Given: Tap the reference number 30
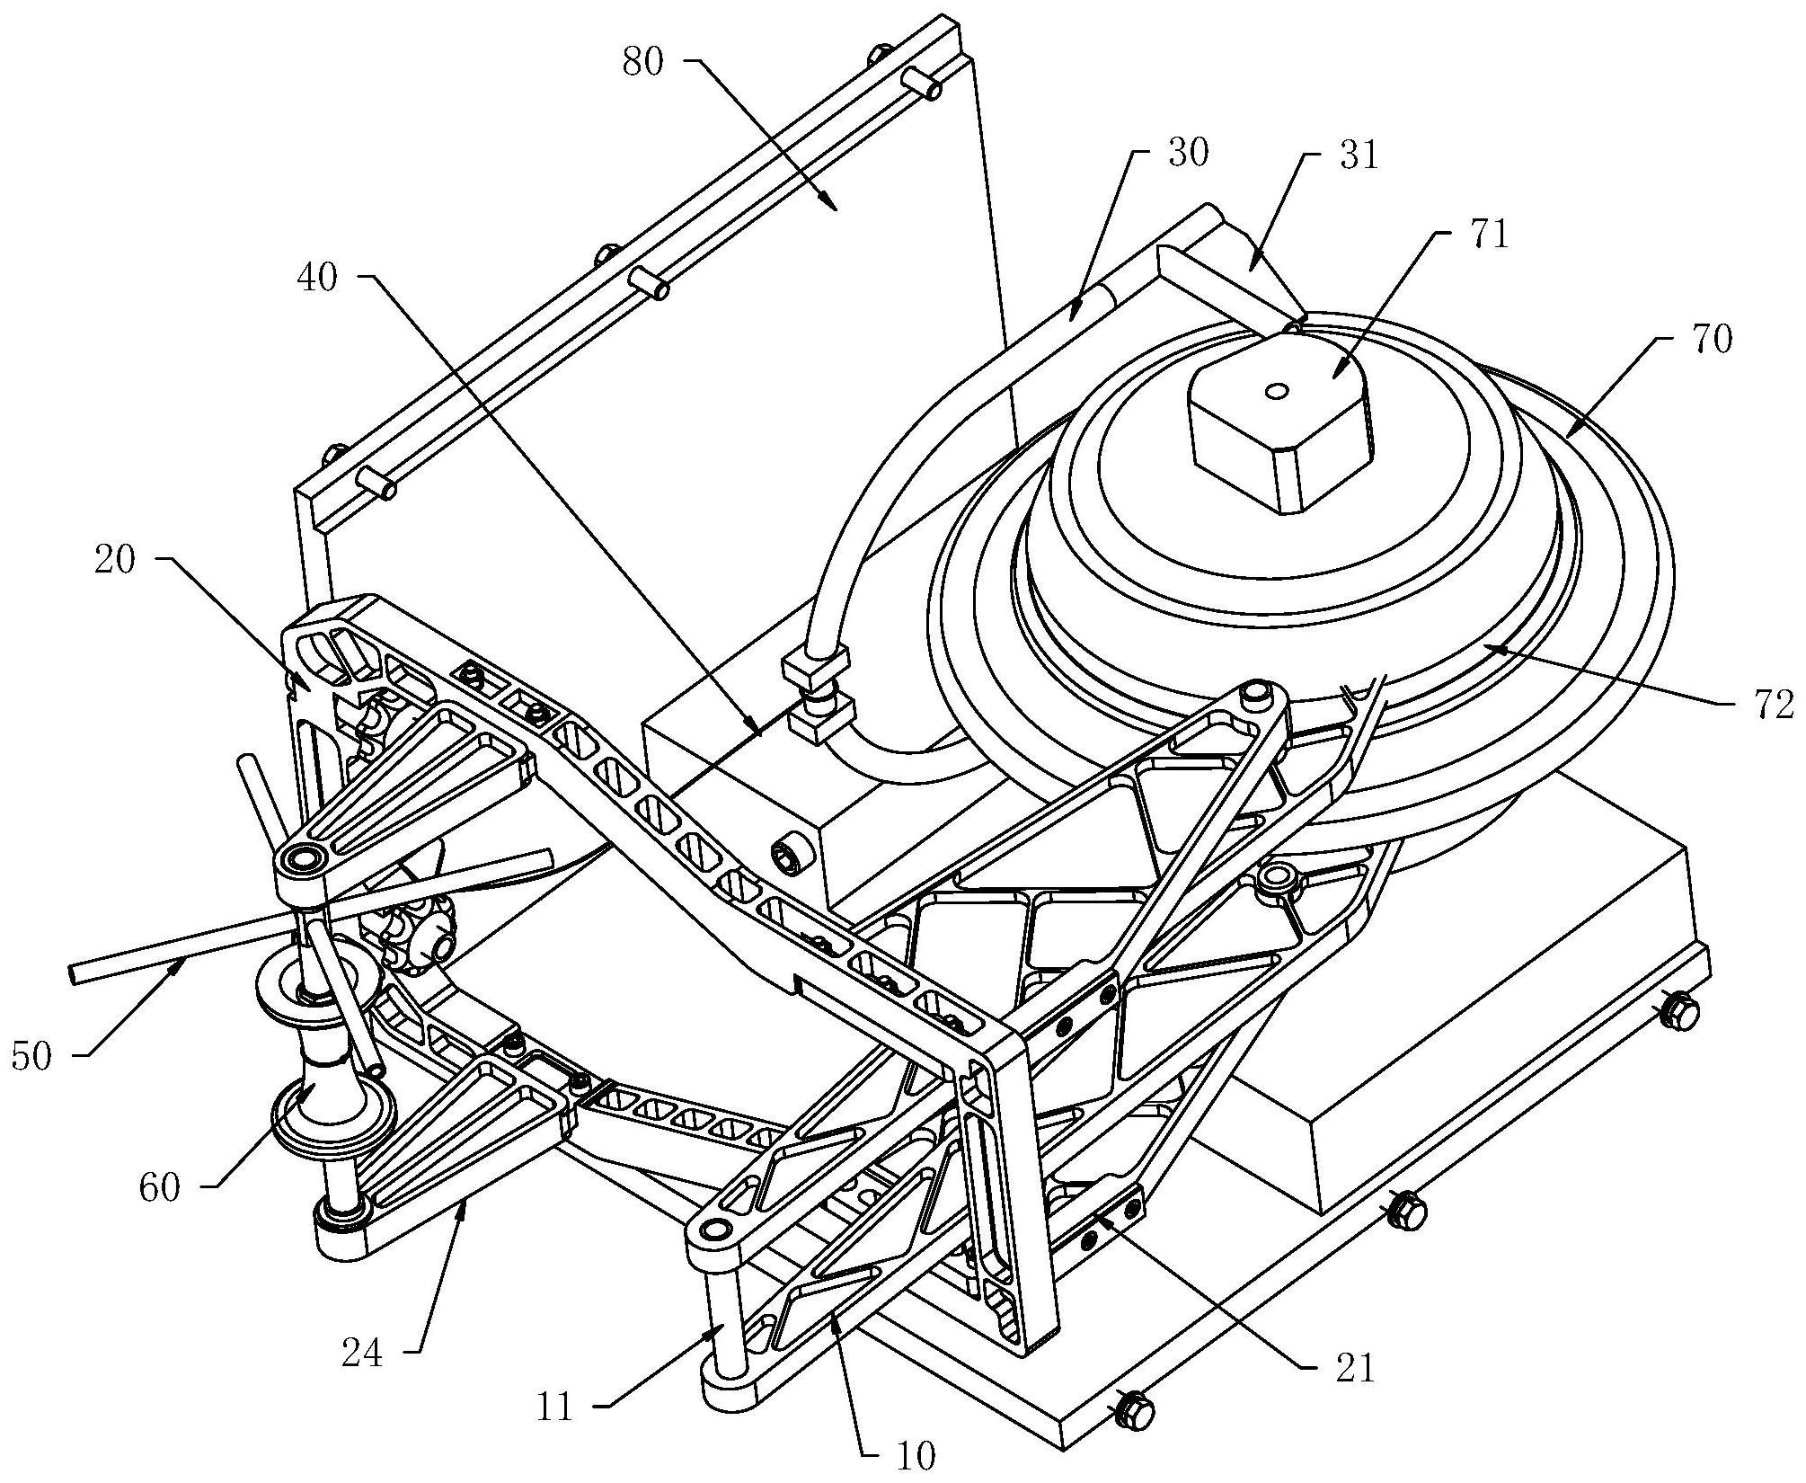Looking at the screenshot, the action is (x=1188, y=154).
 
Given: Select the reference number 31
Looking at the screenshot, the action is (x=1357, y=156).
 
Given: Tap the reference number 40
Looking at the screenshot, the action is (x=317, y=279).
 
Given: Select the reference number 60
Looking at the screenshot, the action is (x=161, y=1189).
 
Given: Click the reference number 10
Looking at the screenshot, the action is (x=916, y=1455).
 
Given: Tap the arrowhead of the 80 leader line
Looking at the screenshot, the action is (x=832, y=203).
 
